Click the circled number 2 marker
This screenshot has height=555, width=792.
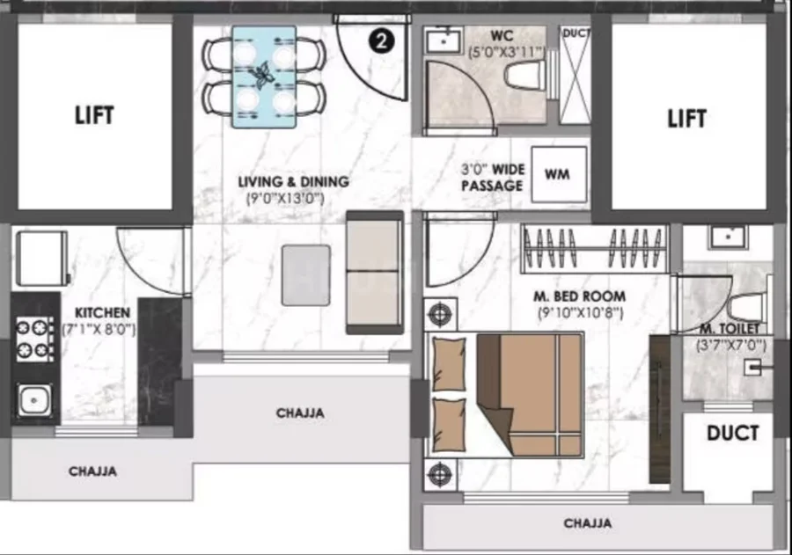381,41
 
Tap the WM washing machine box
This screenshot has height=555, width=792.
559,174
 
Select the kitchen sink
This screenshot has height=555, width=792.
34,400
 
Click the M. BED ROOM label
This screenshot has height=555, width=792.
579,296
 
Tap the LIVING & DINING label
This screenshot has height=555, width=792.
293,181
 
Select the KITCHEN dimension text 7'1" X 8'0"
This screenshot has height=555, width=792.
99,330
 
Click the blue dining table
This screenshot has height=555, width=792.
264,77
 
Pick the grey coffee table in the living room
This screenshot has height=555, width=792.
306,275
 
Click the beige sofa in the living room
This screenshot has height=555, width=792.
375,273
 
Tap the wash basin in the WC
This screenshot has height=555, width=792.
443,40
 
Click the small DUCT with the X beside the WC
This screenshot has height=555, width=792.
575,75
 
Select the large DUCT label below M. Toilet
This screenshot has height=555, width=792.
732,433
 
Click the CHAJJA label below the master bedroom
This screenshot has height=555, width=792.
588,523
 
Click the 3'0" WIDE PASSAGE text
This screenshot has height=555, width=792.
493,178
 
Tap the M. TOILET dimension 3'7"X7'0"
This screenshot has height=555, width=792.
731,346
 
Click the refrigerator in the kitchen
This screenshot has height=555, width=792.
42,258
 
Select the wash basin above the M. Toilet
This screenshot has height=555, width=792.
728,237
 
